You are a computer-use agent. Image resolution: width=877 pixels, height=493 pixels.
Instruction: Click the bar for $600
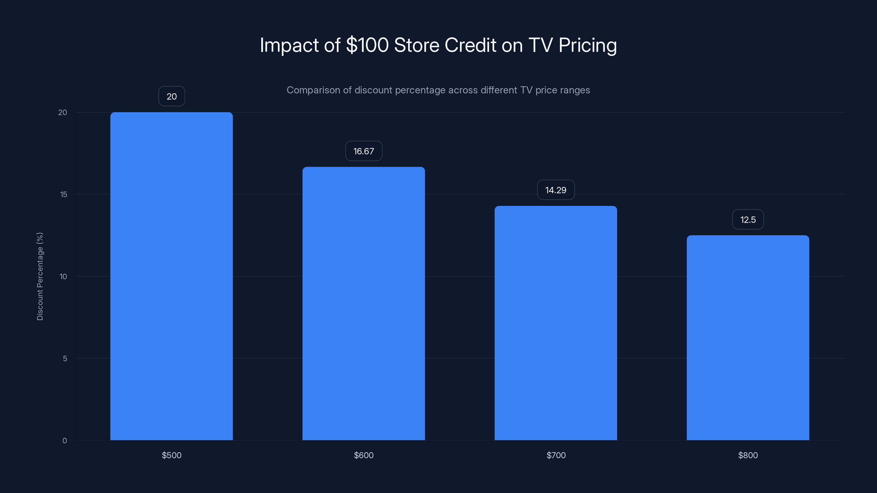click(x=364, y=303)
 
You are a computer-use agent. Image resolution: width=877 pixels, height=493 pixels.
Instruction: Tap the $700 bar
click(x=556, y=323)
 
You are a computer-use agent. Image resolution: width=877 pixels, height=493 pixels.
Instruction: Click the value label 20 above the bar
click(x=172, y=96)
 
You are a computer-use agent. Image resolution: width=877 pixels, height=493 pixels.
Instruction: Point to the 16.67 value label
click(x=364, y=151)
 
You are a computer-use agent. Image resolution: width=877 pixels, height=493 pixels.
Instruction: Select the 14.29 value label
click(x=556, y=190)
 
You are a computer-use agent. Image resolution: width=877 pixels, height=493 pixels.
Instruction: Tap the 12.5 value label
click(x=748, y=219)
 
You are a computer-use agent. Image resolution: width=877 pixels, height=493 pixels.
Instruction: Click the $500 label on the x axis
click(x=171, y=455)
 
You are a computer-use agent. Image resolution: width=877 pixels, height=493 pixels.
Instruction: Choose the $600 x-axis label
click(x=364, y=455)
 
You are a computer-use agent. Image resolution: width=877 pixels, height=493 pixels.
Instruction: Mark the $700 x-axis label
click(x=556, y=455)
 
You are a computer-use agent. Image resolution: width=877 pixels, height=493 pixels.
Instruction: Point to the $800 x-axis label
click(x=748, y=455)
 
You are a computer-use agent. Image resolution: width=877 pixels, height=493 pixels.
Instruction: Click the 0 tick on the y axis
click(x=65, y=441)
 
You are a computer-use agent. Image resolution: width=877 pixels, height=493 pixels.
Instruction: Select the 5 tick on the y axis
click(x=65, y=359)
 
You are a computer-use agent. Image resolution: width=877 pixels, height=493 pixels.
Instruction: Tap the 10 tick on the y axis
click(x=63, y=277)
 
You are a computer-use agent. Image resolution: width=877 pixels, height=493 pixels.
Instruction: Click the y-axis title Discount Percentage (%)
click(x=40, y=276)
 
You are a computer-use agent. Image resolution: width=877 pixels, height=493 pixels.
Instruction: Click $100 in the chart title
click(x=367, y=45)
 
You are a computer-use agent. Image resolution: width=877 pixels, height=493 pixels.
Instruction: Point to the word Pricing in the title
click(x=587, y=45)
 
